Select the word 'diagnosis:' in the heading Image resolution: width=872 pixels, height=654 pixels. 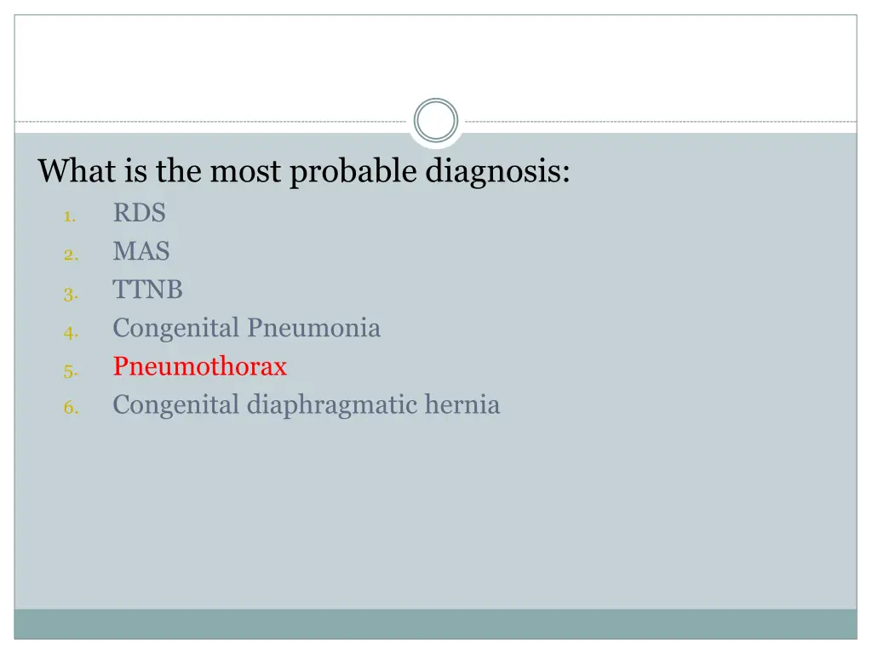click(x=498, y=172)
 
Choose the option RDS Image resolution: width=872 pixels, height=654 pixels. click(x=139, y=213)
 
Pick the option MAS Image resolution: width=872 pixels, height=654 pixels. click(x=141, y=251)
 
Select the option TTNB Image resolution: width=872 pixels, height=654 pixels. click(x=147, y=290)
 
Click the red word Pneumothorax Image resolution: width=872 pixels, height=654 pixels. click(x=200, y=367)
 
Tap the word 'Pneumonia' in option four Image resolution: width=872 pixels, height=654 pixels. click(x=314, y=328)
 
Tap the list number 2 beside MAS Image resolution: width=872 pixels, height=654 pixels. click(x=70, y=255)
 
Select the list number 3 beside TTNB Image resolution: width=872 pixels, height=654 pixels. click(x=70, y=295)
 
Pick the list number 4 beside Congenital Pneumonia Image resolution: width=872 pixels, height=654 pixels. click(x=70, y=333)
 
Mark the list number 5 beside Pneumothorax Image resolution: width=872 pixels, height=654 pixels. click(x=70, y=371)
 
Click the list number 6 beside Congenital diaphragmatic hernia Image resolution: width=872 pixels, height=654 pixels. click(x=70, y=409)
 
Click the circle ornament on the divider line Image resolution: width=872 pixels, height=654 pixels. click(x=436, y=120)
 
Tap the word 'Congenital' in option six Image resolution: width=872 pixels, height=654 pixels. click(x=176, y=405)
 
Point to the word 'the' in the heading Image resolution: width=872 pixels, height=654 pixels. click(x=178, y=171)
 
